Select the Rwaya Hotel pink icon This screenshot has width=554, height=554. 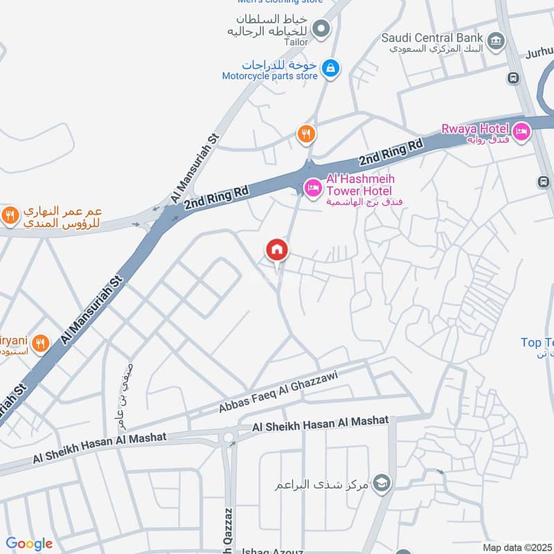coord(521,129)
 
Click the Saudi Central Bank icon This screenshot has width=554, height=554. coord(495,41)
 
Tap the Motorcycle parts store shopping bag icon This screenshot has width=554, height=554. coord(332,68)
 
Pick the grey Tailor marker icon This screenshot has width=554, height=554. coord(321,28)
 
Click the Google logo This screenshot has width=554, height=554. coord(29,544)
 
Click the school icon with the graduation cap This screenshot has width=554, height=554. coord(381,483)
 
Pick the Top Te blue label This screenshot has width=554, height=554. coord(537,343)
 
